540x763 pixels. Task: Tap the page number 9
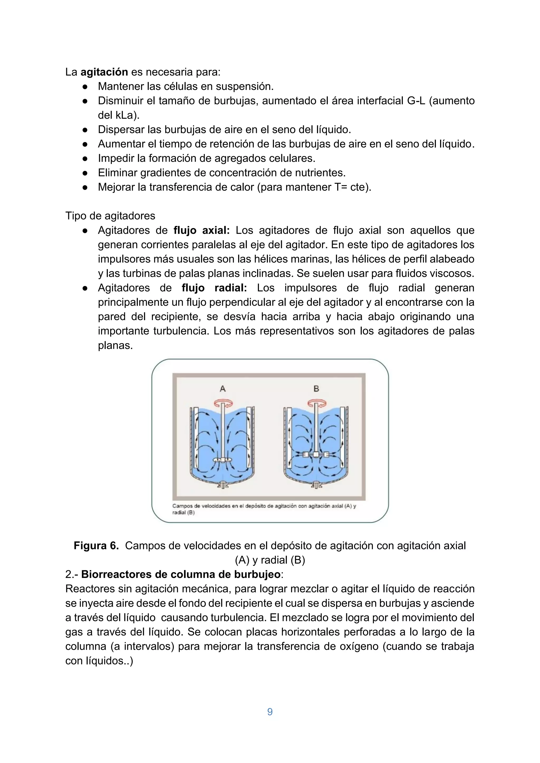coord(270,712)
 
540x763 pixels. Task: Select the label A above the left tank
coord(223,388)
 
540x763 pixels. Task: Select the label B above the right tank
coord(316,388)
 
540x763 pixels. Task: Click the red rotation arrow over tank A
coord(223,404)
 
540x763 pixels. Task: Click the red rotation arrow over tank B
coord(316,404)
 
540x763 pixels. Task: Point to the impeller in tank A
coord(223,460)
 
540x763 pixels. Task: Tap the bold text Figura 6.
coord(96,545)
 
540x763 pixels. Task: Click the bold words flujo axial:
coord(201,230)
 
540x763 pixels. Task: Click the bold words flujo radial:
coord(214,288)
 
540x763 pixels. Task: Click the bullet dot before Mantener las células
coord(85,86)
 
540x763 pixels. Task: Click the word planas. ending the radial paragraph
coord(115,345)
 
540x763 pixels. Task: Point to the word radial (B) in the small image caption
coord(183,512)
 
